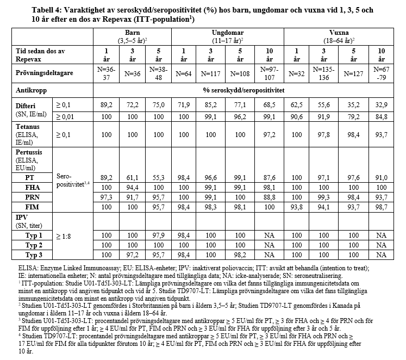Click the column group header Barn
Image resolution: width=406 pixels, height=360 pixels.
pyautogui.click(x=133, y=34)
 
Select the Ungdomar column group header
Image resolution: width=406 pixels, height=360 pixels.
pyautogui.click(x=227, y=34)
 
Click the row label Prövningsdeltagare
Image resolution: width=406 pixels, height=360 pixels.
pyautogui.click(x=41, y=72)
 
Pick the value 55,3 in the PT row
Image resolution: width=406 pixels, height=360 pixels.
pyautogui.click(x=157, y=178)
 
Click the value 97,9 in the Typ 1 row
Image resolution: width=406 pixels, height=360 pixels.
pyautogui.click(x=157, y=235)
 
